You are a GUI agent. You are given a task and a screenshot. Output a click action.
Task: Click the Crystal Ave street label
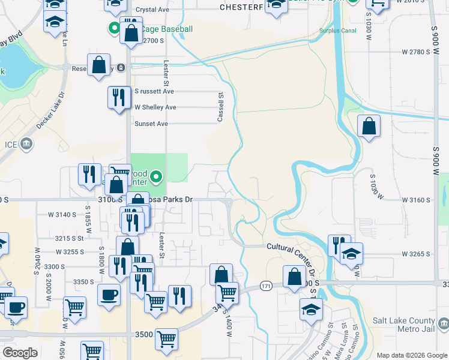154,10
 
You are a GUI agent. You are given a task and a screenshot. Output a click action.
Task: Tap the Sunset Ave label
151,124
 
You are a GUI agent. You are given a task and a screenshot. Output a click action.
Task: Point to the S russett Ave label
154,91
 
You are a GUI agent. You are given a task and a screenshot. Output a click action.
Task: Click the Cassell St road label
221,107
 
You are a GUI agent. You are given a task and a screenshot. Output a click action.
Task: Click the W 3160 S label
417,199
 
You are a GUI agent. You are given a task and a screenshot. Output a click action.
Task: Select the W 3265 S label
417,254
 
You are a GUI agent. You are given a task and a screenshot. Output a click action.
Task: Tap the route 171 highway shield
266,287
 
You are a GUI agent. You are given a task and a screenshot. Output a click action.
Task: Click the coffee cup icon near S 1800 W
109,295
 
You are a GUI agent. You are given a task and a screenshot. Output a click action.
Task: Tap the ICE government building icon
26,143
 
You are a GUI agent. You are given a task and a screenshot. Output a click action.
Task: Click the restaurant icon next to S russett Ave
119,97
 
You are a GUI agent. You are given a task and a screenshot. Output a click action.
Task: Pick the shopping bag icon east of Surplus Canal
369,125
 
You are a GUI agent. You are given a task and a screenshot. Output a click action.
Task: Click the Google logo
20,353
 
